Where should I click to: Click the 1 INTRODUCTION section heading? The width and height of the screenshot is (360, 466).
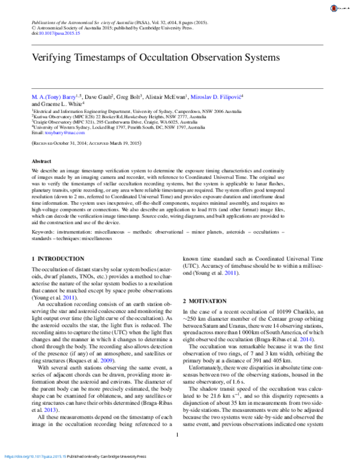coord(58,258)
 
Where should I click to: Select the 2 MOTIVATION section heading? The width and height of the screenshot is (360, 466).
coord(208,299)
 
